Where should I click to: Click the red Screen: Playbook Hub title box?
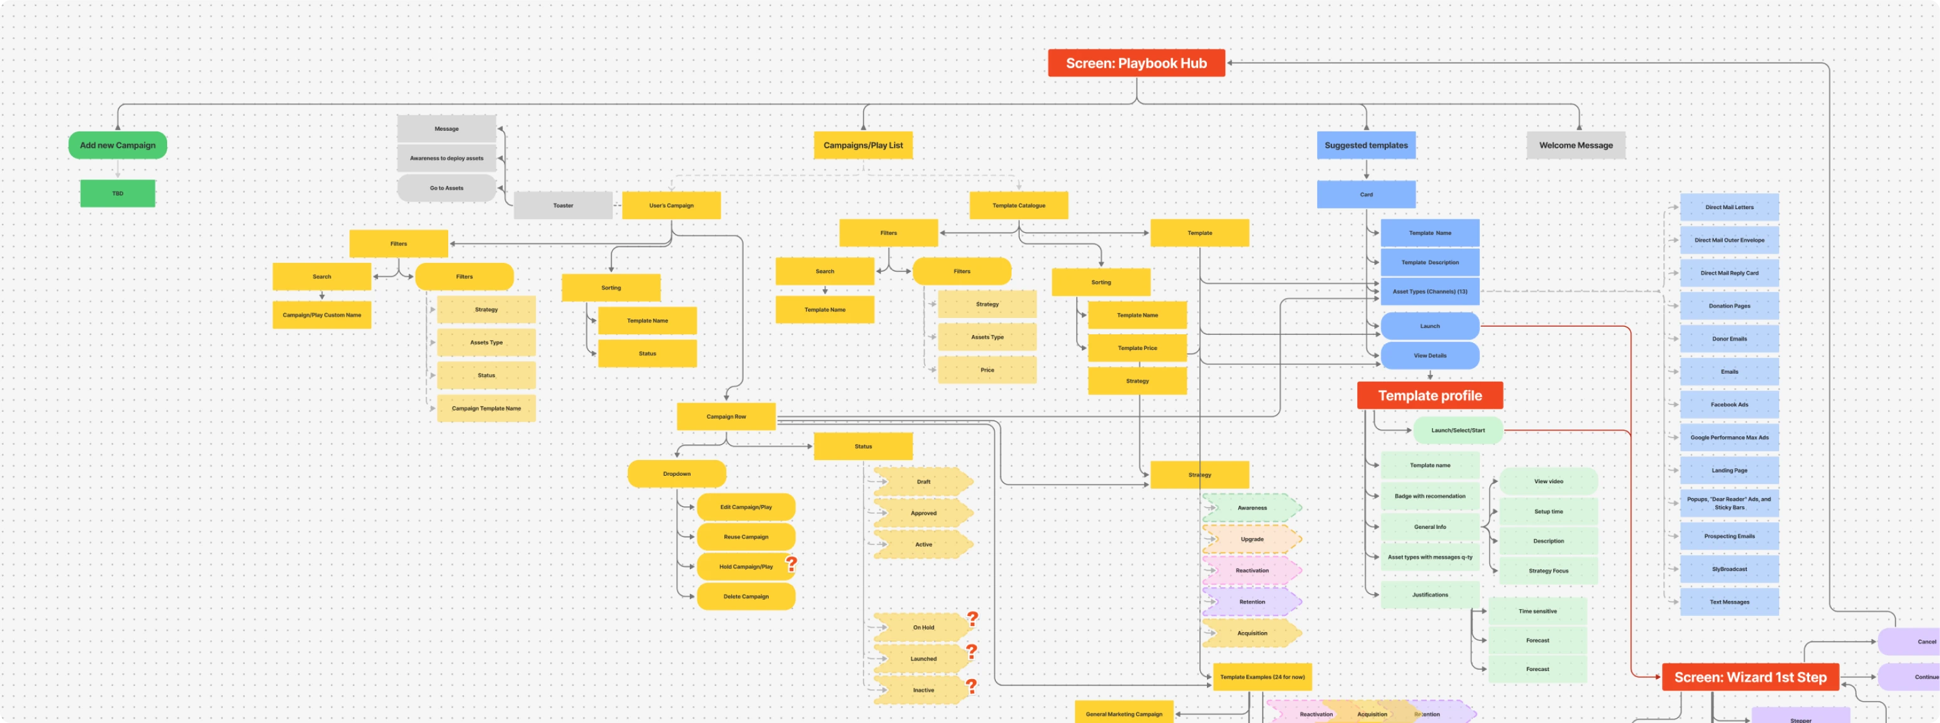[1136, 63]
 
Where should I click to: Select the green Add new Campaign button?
[118, 145]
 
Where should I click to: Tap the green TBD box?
[118, 193]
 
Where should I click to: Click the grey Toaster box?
[563, 205]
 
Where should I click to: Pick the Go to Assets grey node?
[446, 188]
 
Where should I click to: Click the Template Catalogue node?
[1018, 205]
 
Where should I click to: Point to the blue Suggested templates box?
[1365, 145]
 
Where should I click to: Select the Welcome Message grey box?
[1576, 145]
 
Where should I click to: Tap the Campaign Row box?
[726, 416]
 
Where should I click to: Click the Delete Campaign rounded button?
[746, 597]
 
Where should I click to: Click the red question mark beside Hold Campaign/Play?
[791, 563]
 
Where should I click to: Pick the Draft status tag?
[923, 482]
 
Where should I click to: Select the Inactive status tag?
[923, 690]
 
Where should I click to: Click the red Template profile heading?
[1429, 396]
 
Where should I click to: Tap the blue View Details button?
[1429, 356]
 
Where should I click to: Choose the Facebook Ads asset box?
[1729, 404]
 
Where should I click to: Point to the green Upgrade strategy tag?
[1251, 539]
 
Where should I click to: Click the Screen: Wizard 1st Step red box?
[1750, 677]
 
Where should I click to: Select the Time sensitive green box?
[1537, 612]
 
